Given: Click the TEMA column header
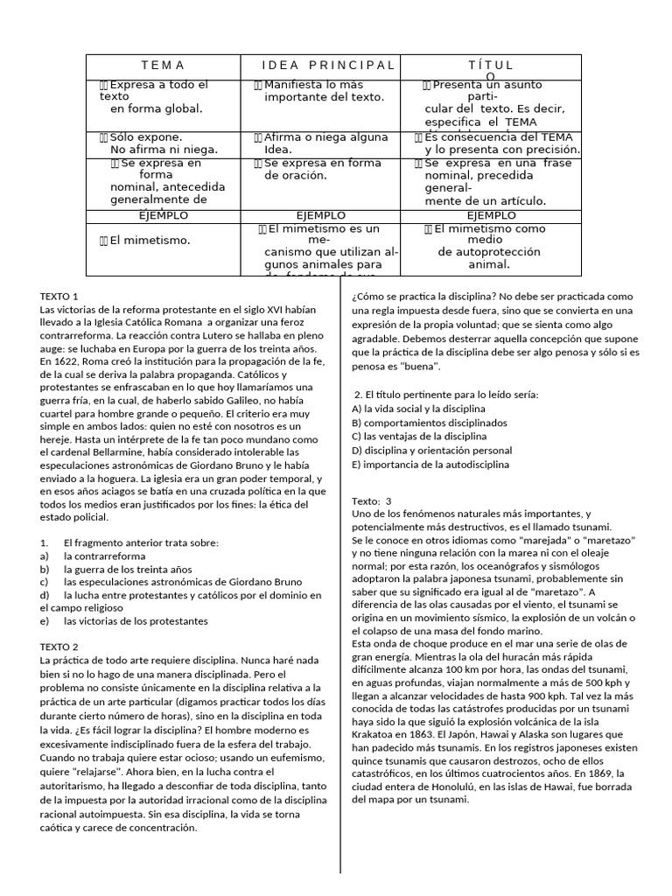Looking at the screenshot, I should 163,66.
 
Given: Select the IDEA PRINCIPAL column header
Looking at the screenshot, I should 328,66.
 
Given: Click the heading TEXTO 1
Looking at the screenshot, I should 59,297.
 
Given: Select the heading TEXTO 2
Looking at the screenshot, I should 59,647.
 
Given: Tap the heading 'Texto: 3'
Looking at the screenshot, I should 372,500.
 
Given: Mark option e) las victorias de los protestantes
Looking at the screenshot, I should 136,621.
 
